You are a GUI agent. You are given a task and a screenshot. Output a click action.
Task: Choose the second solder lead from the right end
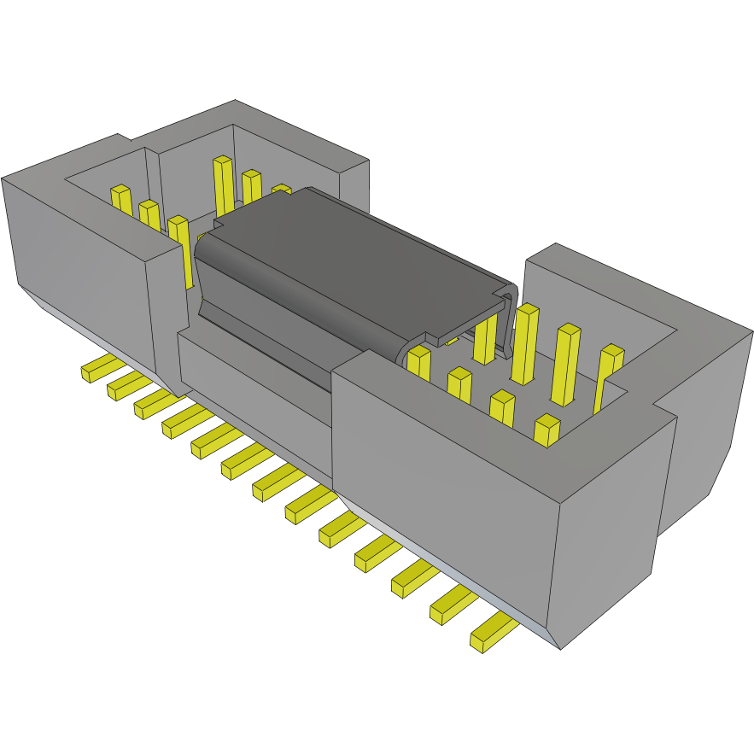[x=453, y=605]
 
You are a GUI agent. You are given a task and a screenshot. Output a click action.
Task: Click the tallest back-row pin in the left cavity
[x=223, y=184]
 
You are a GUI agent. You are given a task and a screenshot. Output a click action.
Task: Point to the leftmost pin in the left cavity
[x=121, y=199]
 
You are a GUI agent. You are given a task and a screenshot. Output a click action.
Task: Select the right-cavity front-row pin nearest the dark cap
[x=418, y=362]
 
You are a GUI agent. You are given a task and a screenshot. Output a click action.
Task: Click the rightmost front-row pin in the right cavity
[x=547, y=430]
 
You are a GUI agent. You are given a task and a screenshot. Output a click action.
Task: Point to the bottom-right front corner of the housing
[x=558, y=645]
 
